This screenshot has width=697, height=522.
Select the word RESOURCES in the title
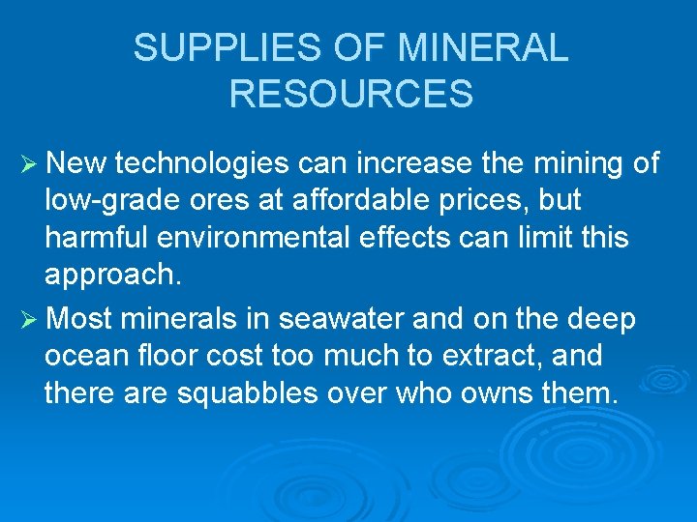tap(351, 94)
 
